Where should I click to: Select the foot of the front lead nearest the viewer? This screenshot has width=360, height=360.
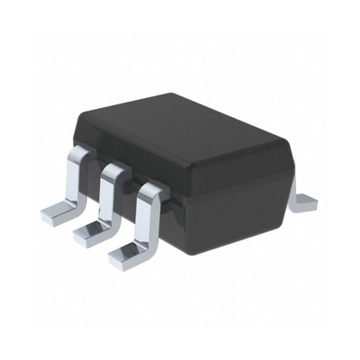(128, 256)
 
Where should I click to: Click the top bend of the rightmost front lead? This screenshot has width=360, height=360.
(151, 189)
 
